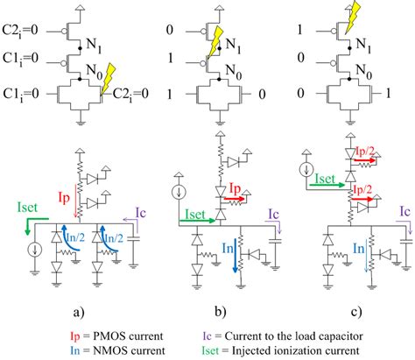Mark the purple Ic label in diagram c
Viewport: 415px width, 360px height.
tap(404, 211)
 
